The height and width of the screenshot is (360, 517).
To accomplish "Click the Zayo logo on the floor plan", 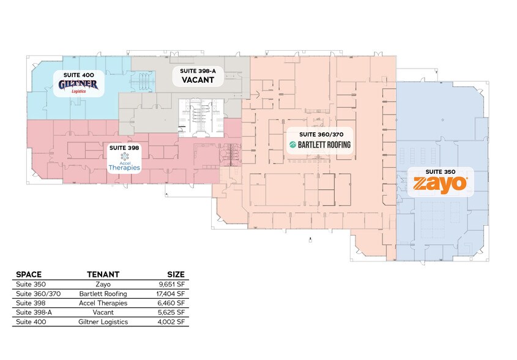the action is (440, 185).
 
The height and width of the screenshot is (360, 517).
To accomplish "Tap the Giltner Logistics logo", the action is (78, 86).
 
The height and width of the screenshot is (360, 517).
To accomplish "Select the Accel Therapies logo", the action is (124, 162).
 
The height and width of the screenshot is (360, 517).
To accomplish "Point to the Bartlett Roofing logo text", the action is (320, 144).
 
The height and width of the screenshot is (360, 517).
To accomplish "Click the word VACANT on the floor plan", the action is (198, 80).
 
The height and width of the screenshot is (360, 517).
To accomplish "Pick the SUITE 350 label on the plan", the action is (441, 171).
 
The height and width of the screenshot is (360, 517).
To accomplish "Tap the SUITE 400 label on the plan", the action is (78, 75).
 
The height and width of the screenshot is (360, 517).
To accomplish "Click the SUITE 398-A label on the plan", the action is (198, 70).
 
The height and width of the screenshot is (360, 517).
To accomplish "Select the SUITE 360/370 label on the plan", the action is (321, 134).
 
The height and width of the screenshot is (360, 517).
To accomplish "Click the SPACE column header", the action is (29, 274).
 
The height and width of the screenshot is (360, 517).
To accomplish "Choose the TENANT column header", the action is (103, 274).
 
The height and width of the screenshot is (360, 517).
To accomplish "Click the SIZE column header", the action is (176, 274).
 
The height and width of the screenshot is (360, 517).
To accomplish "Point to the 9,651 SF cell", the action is (172, 285).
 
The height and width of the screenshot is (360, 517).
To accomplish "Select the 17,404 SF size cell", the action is (171, 294).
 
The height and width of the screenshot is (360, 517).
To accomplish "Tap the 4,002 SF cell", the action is (171, 321).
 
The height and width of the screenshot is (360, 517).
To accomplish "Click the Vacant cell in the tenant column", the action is (103, 312).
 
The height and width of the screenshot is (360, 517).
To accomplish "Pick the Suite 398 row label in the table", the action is (31, 303).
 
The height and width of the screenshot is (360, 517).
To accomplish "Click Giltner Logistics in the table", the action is (103, 321).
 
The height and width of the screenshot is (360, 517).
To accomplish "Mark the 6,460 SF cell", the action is (171, 303).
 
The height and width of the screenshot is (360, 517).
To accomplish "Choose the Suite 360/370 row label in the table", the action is (39, 294).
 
